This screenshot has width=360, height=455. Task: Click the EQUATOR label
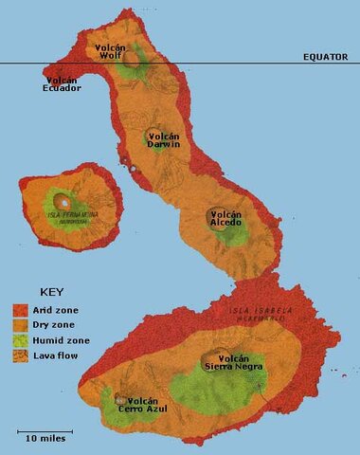(327, 57)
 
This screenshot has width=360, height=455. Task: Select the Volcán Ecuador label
(63, 84)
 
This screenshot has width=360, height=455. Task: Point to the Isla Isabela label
(261, 313)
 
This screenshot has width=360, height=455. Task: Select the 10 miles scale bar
(45, 432)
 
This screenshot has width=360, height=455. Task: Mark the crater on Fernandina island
(63, 201)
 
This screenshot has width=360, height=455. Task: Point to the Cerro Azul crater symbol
(120, 401)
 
